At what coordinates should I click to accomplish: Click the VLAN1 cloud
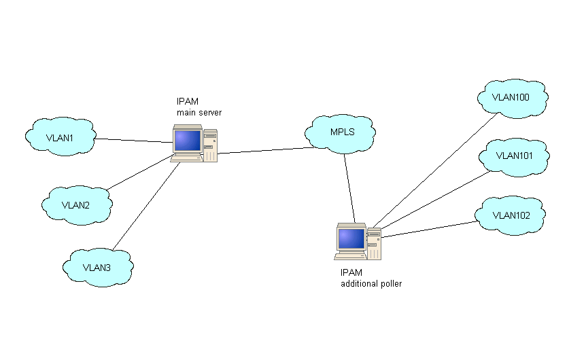coord(60,137)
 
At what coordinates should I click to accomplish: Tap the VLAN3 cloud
coord(97,267)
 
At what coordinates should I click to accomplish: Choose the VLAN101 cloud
coord(514,156)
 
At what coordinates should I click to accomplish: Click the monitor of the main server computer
coord(187,141)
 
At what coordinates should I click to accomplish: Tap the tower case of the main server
coord(210,145)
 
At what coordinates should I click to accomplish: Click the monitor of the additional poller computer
coord(351,238)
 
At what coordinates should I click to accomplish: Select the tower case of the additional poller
coord(373,242)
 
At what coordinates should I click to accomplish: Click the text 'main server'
coord(199,112)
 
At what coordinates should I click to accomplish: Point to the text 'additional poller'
coord(370,284)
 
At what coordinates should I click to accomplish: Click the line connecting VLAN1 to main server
coord(133,141)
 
